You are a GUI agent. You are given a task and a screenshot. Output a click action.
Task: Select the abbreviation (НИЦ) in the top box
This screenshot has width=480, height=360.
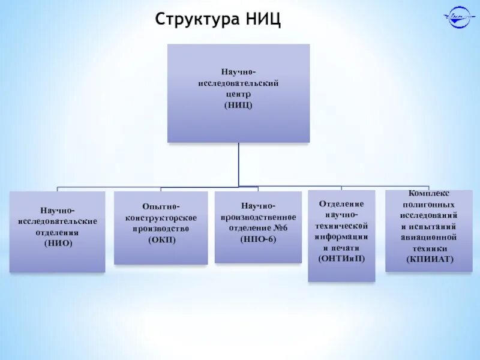coord(239,104)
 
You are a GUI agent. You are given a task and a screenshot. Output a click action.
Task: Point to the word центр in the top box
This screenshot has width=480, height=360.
coord(239,94)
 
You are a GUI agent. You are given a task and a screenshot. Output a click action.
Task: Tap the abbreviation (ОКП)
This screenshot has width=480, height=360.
coord(161,239)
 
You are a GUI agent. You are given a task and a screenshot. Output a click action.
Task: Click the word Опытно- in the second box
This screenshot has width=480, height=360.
coord(161,206)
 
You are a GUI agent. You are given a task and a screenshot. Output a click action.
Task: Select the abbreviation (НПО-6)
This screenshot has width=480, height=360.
coord(259,238)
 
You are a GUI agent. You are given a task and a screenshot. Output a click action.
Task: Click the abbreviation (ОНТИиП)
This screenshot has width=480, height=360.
coord(341,257)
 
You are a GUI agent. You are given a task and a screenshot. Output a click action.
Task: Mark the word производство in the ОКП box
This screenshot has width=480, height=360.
coord(161,228)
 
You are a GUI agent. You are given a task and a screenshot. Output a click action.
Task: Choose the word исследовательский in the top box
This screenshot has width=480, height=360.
coord(239,83)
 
